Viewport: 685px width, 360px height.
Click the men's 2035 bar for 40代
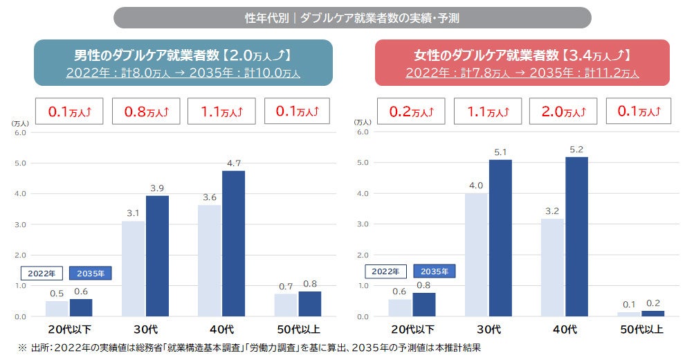tap(233, 244)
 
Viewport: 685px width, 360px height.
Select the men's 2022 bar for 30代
tap(133, 269)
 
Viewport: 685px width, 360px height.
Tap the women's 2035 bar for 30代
tap(500, 238)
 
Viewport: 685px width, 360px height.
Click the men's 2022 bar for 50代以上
tap(286, 305)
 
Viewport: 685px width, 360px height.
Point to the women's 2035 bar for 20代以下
tap(424, 305)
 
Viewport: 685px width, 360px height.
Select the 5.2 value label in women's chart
tap(576, 150)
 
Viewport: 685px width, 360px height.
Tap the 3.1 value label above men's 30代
tap(133, 213)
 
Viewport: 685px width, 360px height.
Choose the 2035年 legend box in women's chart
tap(434, 271)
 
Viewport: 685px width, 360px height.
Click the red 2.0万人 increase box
tap(561, 111)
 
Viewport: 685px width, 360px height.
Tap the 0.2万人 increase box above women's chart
tap(409, 111)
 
